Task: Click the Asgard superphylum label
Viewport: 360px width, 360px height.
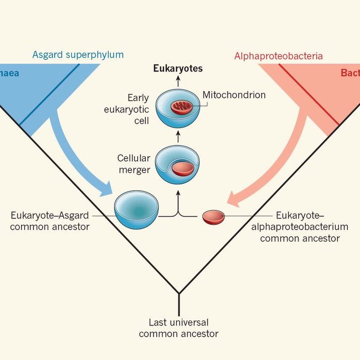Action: pos(78,55)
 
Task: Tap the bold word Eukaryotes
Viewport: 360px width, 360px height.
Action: pos(178,69)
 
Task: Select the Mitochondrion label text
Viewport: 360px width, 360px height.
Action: pos(234,95)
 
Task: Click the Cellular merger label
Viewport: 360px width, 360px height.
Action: pos(134,164)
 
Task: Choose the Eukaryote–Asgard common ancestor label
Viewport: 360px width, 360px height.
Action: pos(50,221)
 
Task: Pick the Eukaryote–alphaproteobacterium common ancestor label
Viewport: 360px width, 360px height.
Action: pos(304,226)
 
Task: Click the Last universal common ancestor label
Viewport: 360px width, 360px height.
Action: pos(178,328)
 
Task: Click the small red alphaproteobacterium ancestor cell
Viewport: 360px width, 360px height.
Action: pos(214,217)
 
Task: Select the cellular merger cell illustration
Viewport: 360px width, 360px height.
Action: pos(177,165)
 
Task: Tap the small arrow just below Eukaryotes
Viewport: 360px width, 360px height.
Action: pos(178,81)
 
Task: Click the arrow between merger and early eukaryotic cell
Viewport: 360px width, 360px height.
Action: pos(178,137)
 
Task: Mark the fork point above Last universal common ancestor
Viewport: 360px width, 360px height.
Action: pos(179,294)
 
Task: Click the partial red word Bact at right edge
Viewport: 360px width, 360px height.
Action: pos(350,73)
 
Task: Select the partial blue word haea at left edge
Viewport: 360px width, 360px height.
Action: pos(9,73)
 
